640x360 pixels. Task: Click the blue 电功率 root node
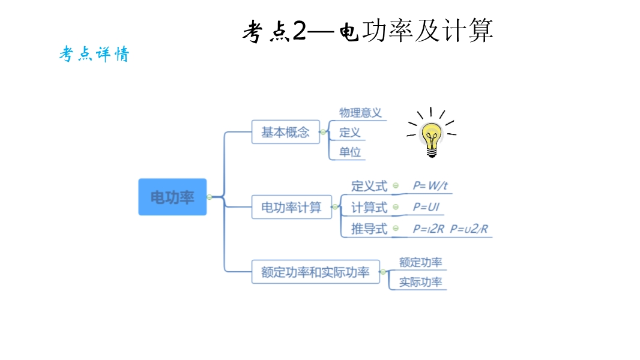tap(172, 197)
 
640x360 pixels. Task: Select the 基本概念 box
tap(285, 132)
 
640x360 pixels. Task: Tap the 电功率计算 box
tap(291, 208)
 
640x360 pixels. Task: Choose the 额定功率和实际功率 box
tap(315, 272)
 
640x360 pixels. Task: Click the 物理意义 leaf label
tap(360, 113)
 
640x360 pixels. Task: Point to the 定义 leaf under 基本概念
tap(349, 132)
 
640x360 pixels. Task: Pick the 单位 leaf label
tap(350, 152)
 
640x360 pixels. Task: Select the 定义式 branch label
tap(369, 186)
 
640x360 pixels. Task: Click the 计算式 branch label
tap(369, 208)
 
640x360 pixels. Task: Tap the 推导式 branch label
tap(369, 229)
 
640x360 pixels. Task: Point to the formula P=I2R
tap(428, 229)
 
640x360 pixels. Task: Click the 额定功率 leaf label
tap(420, 262)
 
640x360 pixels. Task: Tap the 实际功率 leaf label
tap(420, 282)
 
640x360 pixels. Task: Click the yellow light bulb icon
tap(431, 137)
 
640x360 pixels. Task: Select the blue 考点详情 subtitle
tap(94, 55)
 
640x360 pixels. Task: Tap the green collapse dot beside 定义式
tap(396, 186)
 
